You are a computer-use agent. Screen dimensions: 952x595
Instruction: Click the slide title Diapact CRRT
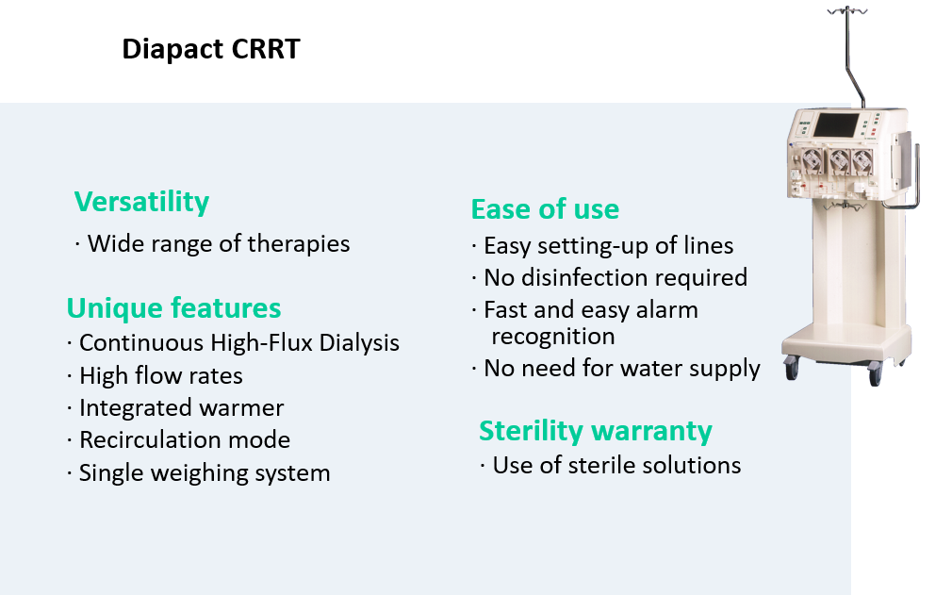coord(211,49)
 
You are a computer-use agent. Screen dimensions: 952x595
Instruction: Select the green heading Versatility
coord(141,202)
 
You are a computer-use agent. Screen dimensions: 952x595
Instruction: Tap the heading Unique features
coord(173,307)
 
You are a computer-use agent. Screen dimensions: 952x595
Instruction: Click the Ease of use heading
coord(545,208)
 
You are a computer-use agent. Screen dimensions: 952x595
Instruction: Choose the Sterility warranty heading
coord(595,432)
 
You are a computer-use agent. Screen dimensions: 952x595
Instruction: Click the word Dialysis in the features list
coord(359,343)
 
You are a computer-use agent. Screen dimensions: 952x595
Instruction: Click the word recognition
coord(553,337)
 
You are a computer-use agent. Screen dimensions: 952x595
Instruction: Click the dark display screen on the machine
coord(836,125)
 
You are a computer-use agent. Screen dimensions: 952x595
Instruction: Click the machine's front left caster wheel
coord(791,369)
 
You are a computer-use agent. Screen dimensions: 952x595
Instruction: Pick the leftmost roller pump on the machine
coord(812,161)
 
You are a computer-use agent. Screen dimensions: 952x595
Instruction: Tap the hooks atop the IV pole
coord(847,9)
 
